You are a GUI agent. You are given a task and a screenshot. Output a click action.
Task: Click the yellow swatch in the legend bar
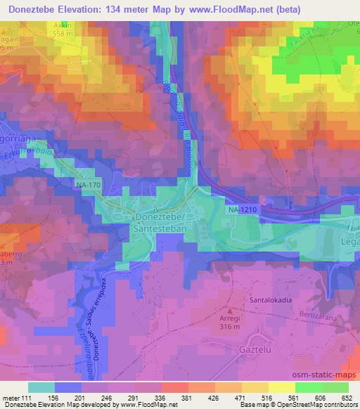[x=281, y=387]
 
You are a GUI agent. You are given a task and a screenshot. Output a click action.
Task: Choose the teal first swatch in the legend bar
[x=41, y=387]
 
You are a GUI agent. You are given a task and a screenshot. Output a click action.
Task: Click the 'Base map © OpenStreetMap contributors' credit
[x=302, y=405]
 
